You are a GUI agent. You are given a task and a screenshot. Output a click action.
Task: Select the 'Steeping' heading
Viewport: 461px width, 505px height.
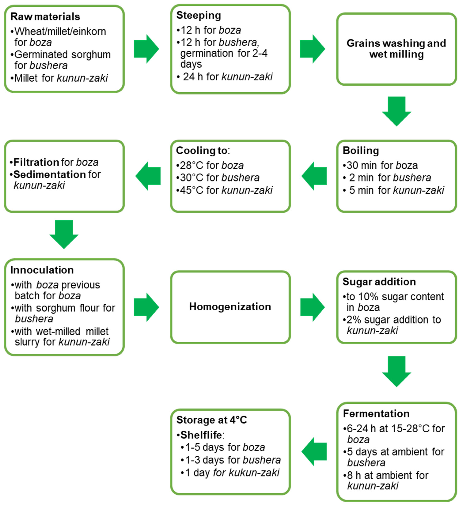coord(199,15)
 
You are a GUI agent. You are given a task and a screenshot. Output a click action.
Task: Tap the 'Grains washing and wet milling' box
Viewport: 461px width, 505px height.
coord(396,49)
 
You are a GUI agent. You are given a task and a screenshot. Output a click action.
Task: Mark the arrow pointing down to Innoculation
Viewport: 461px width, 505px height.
coord(64,234)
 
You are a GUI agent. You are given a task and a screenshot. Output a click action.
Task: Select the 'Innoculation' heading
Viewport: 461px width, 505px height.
coord(42,270)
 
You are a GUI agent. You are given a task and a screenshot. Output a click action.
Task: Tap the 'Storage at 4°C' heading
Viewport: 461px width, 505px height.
coord(212,420)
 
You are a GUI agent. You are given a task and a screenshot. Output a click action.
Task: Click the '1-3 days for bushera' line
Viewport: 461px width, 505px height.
coord(231,460)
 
